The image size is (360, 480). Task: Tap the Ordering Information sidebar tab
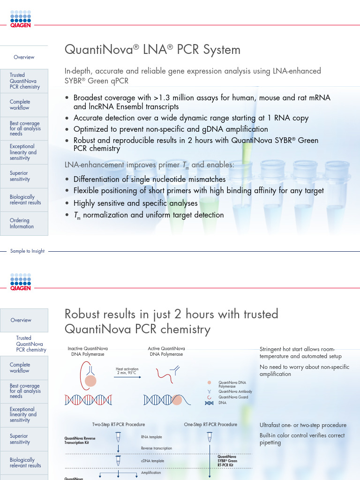[x=22, y=223]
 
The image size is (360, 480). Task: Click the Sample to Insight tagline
[x=27, y=251]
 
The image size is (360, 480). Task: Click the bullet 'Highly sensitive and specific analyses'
[x=135, y=203]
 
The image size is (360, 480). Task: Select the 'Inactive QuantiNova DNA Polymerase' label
[x=86, y=352]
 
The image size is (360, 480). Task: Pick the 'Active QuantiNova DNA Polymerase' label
[x=166, y=352]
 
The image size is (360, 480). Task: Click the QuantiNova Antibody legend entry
[x=235, y=391]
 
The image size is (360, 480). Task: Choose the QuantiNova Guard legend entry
[x=233, y=397]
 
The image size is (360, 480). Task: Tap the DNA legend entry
[x=222, y=403]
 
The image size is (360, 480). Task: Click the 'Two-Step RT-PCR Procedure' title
[x=119, y=425]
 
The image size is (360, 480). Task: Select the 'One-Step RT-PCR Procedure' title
[x=210, y=425]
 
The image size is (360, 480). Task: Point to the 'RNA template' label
[x=151, y=437]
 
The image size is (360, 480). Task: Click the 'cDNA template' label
[x=152, y=461]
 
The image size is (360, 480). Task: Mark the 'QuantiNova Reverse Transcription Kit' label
[x=82, y=441]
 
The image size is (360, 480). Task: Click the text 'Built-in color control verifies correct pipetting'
[x=302, y=439]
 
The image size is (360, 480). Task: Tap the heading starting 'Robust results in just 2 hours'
[x=171, y=321]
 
